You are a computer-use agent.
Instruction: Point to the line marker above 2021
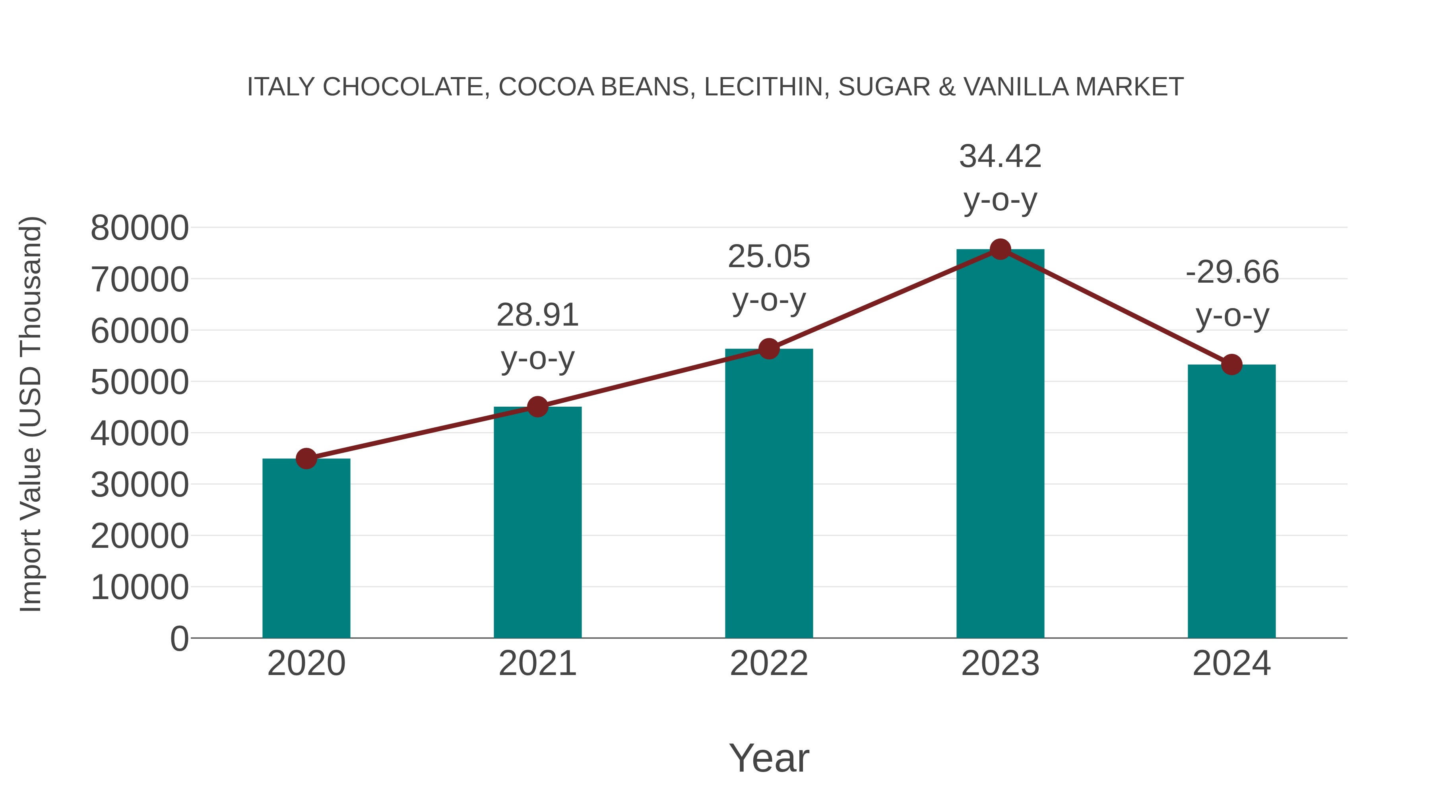[537, 407]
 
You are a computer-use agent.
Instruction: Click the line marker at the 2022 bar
[769, 349]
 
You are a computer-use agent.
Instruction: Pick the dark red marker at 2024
[1231, 365]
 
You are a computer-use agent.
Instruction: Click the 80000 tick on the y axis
[140, 228]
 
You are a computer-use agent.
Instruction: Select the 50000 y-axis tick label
[140, 382]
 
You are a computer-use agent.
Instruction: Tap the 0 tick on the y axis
[179, 638]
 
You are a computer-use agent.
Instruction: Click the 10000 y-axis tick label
[140, 587]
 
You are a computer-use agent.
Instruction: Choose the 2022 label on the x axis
[769, 663]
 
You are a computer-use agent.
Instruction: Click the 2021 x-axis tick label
[537, 663]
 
